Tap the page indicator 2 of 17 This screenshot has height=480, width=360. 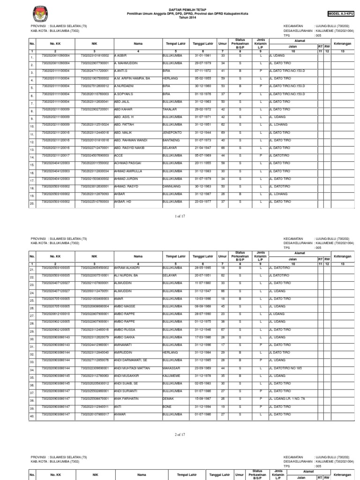coord(180,435)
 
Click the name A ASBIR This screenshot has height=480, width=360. coord(121,55)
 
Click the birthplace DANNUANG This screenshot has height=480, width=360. coord(171,187)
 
